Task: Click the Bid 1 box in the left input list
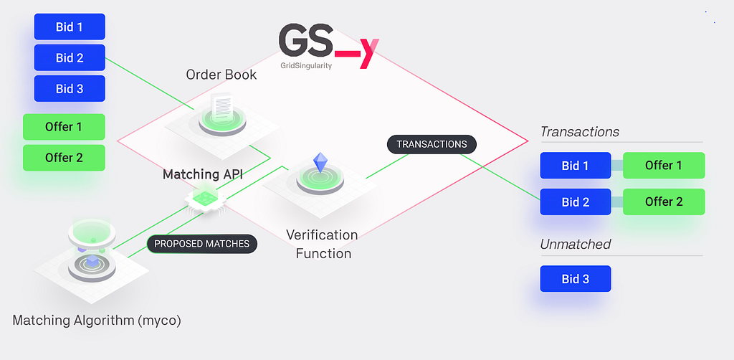[x=70, y=27]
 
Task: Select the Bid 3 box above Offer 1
[x=70, y=88]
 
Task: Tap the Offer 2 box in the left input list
[x=64, y=158]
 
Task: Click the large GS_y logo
[x=328, y=46]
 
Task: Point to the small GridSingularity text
[x=306, y=65]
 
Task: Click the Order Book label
[x=221, y=75]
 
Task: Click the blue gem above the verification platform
[x=320, y=162]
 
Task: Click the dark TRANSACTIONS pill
[x=432, y=144]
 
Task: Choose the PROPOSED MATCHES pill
[x=201, y=244]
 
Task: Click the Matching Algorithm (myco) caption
[x=97, y=321]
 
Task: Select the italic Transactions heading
[x=579, y=132]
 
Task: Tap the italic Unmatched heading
[x=576, y=245]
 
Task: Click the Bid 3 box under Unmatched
[x=576, y=279]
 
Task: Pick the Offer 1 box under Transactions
[x=664, y=165]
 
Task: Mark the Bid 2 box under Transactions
[x=576, y=202]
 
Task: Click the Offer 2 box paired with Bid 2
[x=664, y=202]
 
